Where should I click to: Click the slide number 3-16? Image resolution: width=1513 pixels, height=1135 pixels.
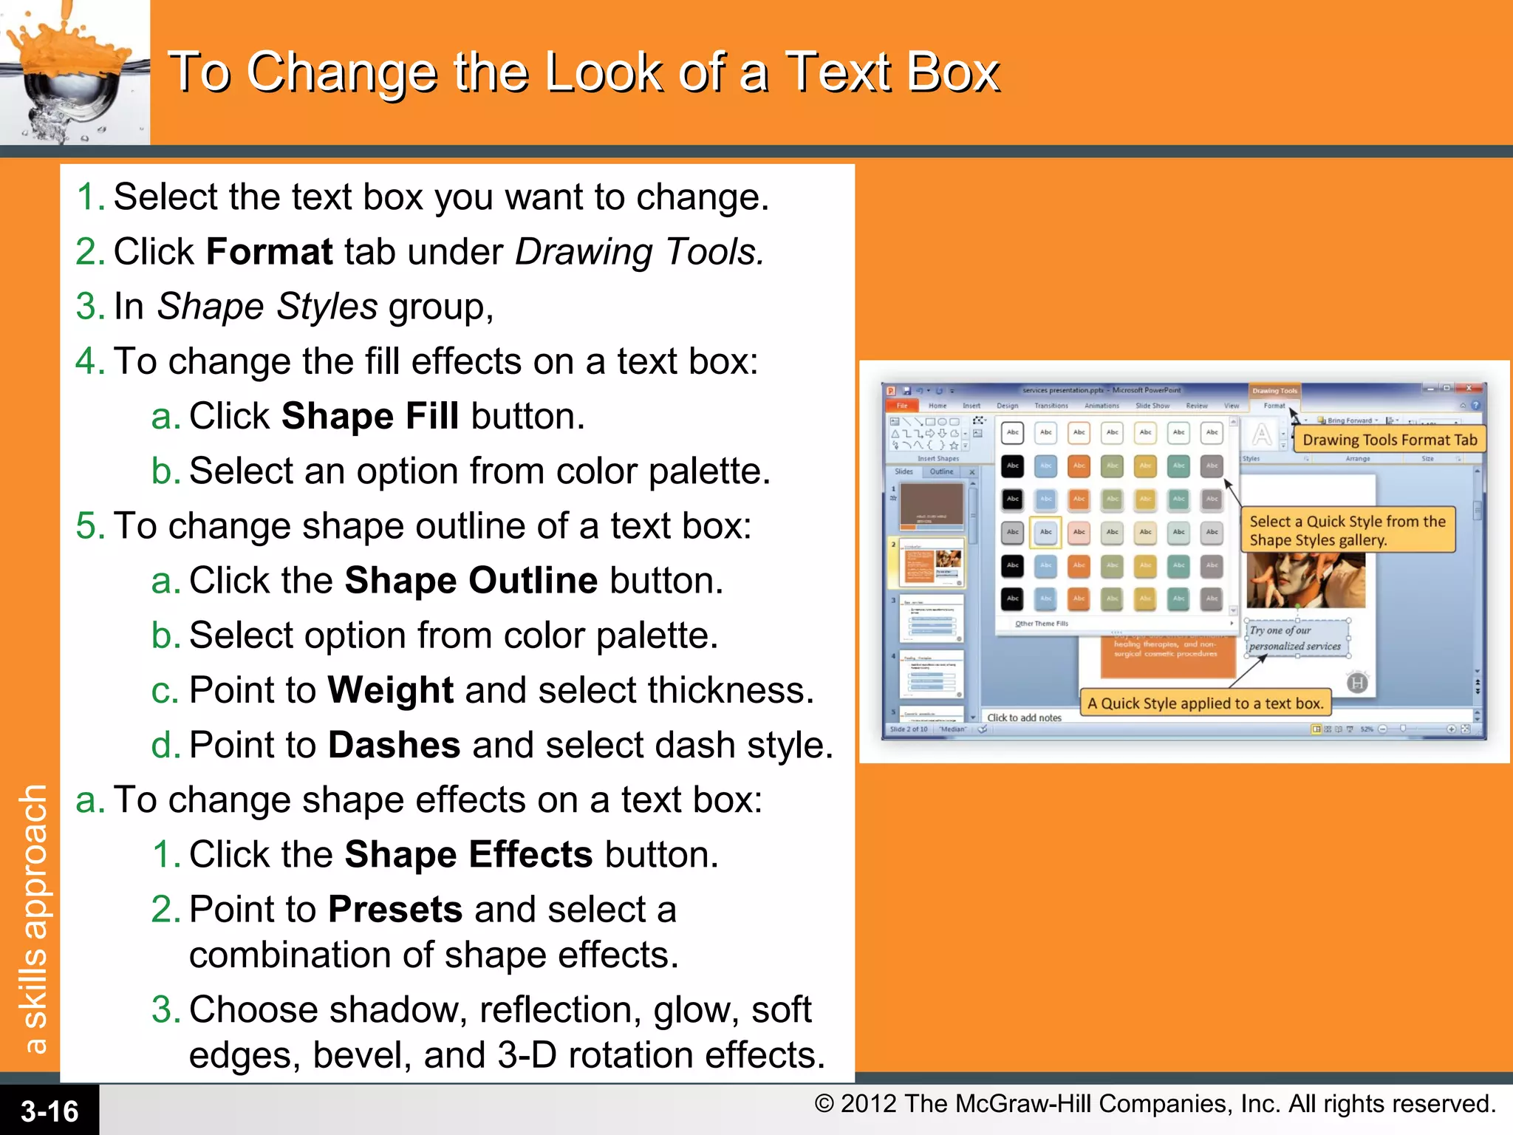(x=49, y=1111)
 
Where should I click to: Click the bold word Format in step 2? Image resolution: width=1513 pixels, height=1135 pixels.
(x=270, y=252)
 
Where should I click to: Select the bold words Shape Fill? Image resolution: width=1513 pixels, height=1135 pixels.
(x=370, y=416)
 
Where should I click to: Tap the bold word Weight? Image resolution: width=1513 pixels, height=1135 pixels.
(x=390, y=690)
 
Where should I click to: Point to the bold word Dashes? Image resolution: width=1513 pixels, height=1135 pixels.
(x=394, y=745)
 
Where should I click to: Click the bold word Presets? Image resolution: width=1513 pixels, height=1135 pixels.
(x=395, y=910)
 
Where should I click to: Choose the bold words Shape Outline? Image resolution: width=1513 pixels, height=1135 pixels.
(x=471, y=581)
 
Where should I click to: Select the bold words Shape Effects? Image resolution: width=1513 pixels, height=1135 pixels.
(x=468, y=855)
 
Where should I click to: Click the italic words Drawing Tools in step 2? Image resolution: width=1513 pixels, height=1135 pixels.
(x=639, y=252)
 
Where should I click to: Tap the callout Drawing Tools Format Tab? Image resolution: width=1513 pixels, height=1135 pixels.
(x=1390, y=440)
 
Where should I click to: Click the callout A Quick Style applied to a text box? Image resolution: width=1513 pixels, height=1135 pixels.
(x=1205, y=703)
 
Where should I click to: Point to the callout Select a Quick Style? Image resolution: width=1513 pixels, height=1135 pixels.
(x=1348, y=530)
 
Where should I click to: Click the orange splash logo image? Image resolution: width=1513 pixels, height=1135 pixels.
(x=74, y=72)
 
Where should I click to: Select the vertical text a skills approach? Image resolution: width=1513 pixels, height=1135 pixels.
(x=35, y=919)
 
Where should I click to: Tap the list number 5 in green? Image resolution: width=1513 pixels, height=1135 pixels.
(x=86, y=526)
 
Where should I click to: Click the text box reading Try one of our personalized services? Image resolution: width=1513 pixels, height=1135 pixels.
(x=1296, y=638)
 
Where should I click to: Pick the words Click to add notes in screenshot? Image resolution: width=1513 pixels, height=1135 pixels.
(x=1024, y=718)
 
